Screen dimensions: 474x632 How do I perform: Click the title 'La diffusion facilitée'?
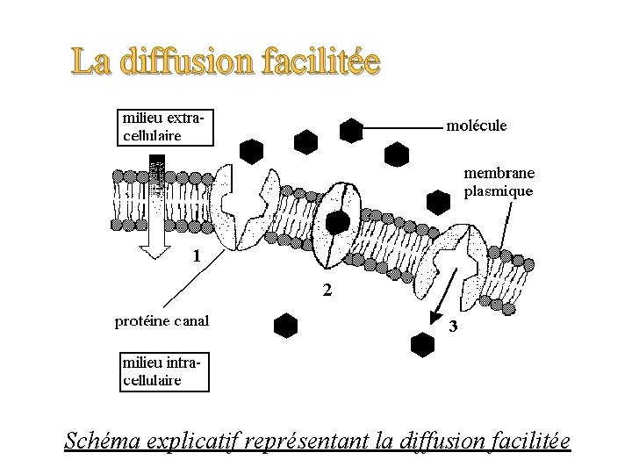[x=226, y=62]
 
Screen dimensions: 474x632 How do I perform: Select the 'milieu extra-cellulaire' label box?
[x=164, y=125]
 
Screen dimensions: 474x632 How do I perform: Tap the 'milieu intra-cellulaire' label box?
[x=164, y=371]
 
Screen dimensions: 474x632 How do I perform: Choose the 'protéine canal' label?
[x=162, y=320]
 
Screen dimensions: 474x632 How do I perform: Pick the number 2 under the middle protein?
[x=326, y=291]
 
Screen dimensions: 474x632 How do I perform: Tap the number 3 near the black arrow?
[x=453, y=327]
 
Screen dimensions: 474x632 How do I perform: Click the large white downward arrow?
[x=158, y=211]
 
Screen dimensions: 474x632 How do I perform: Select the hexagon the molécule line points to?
[x=351, y=131]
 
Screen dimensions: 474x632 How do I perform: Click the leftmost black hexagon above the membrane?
[x=253, y=151]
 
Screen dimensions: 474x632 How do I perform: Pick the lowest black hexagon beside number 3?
[x=422, y=343]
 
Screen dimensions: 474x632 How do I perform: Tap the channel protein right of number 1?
[x=245, y=213]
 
